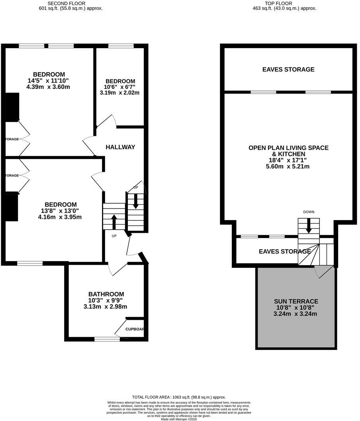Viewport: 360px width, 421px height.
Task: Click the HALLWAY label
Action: click(120, 147)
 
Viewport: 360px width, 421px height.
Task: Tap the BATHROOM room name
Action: click(106, 294)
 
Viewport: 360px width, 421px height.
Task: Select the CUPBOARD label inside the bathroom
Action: click(135, 329)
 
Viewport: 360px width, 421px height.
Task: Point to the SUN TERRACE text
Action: click(296, 301)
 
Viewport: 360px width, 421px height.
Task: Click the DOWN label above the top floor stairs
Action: click(309, 212)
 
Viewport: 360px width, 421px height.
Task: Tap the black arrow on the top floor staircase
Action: click(309, 226)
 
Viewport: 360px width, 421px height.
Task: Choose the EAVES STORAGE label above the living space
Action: click(288, 69)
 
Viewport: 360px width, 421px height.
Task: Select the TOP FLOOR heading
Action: click(278, 4)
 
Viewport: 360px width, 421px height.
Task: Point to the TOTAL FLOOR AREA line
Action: click(179, 397)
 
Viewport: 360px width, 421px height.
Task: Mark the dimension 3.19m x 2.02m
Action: click(119, 93)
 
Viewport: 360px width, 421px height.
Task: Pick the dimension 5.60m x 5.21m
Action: click(288, 166)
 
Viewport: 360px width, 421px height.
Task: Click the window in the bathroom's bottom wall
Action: click(107, 339)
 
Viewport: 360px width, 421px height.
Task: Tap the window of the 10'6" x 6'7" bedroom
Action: click(121, 46)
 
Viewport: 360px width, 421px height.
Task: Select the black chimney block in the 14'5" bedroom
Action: click(12, 107)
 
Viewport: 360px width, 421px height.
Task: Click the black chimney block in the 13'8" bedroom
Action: click(12, 207)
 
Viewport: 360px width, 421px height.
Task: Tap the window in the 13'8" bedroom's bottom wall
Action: click(30, 263)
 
